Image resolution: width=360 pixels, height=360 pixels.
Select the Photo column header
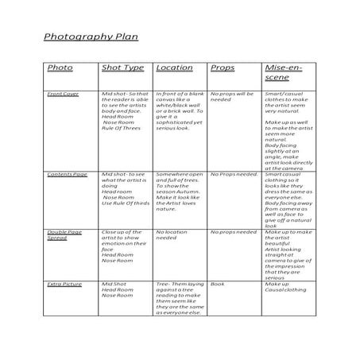tap(60, 68)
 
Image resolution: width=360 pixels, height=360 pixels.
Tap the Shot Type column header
tap(122, 68)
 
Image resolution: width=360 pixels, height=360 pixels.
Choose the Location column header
tap(174, 68)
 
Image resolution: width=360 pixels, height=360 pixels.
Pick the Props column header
tap(223, 68)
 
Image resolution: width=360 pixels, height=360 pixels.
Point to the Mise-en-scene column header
tap(282, 74)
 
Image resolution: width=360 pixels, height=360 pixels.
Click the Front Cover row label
tap(63, 94)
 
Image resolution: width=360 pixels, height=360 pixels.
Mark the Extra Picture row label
tap(64, 284)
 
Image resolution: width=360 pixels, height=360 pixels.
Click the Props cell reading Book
tap(218, 284)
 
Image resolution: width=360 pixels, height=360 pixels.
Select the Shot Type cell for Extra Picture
tap(118, 290)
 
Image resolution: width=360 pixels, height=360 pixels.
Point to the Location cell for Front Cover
tap(180, 110)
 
